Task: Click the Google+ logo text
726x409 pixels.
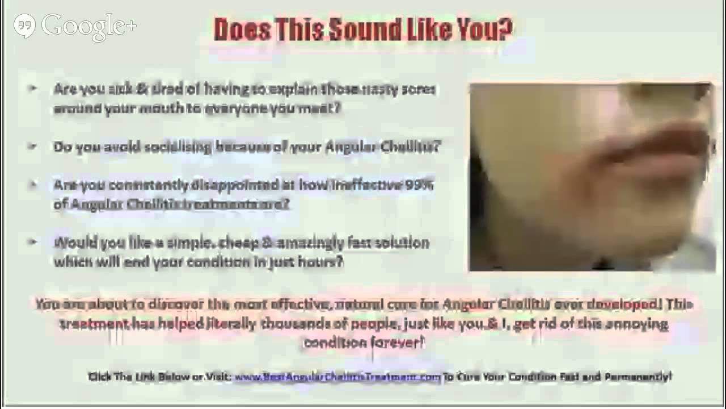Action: pyautogui.click(x=89, y=26)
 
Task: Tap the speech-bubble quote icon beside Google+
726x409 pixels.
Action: pyautogui.click(x=24, y=26)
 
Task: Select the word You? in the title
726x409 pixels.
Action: pyautogui.click(x=488, y=29)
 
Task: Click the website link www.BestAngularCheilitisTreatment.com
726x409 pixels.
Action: pyautogui.click(x=337, y=377)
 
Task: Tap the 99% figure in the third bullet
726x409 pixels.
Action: pyautogui.click(x=420, y=185)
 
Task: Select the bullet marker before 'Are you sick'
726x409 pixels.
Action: pyautogui.click(x=33, y=89)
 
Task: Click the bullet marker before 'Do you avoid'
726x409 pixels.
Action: pyautogui.click(x=33, y=146)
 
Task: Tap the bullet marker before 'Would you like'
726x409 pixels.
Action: pyautogui.click(x=33, y=242)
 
